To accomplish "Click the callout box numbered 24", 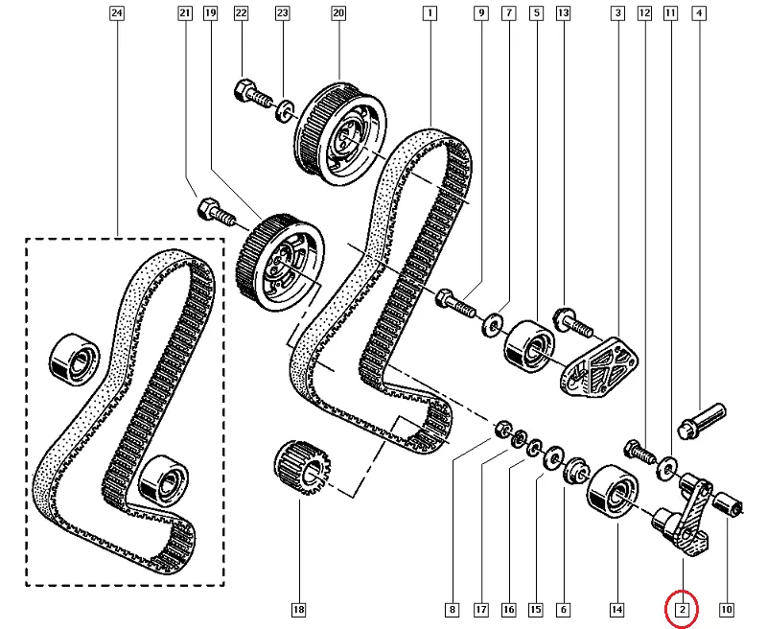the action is coord(116,12).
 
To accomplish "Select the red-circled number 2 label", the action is coord(682,610).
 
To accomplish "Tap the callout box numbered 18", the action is coord(298,610).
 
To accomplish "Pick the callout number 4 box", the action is coord(699,12).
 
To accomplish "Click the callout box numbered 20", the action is coord(338,12).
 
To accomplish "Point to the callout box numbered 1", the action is coord(430,12).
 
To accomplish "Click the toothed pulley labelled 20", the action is coord(340,133).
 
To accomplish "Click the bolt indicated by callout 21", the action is coord(217,212).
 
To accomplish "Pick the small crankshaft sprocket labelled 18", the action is coord(303,467).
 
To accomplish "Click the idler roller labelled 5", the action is coord(530,345).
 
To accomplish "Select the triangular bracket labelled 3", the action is coord(598,366).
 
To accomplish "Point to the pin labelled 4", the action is coord(702,421).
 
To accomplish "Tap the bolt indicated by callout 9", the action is coord(454,303).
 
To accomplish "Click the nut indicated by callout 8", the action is coord(501,431).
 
